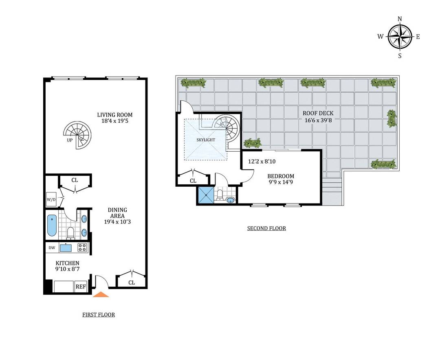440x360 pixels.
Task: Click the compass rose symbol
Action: coord(400,36)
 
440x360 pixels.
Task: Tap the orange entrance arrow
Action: coord(101,294)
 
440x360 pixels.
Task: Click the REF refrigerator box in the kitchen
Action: coord(81,287)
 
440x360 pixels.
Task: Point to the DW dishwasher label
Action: coord(52,247)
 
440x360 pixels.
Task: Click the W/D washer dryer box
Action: coord(51,199)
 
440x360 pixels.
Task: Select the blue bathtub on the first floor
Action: coord(52,225)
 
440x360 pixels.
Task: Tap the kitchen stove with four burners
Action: coord(83,247)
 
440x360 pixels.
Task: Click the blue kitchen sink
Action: coord(66,247)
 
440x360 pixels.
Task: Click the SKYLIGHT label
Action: coord(205,139)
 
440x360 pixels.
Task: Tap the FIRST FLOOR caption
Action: coord(98,314)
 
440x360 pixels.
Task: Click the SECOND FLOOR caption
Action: coord(266,228)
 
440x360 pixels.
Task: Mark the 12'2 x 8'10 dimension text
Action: coord(262,161)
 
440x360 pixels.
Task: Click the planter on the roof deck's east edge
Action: coord(392,118)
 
